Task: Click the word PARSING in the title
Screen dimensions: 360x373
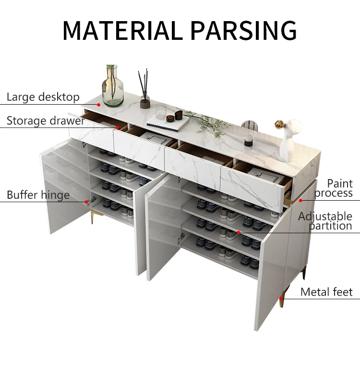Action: (x=243, y=30)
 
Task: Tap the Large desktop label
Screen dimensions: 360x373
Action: (x=43, y=97)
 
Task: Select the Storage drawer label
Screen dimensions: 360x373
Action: (x=45, y=120)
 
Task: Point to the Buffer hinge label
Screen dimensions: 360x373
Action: (x=38, y=195)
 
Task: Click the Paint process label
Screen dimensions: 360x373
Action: (x=334, y=188)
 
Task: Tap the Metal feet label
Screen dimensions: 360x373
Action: (x=326, y=292)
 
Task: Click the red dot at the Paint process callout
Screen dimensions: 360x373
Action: (x=301, y=200)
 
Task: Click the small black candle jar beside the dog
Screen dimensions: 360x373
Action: (x=248, y=142)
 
